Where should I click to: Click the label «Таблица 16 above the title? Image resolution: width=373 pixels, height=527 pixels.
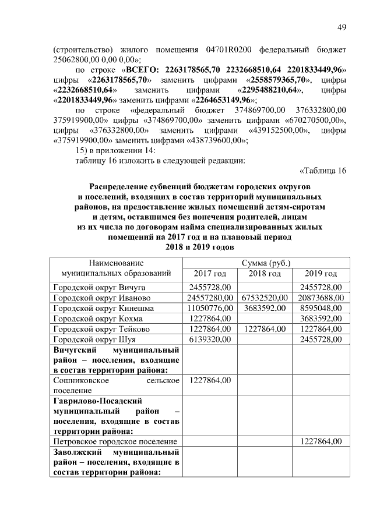[x=323, y=170]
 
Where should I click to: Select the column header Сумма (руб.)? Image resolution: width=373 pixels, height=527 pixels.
[x=266, y=263]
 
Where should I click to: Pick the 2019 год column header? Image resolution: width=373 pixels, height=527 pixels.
[x=321, y=274]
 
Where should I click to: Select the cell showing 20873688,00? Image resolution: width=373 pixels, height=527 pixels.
[x=321, y=298]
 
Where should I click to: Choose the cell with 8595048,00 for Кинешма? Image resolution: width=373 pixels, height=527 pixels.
[x=321, y=308]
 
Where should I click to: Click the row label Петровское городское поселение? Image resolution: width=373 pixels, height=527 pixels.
[x=115, y=442]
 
